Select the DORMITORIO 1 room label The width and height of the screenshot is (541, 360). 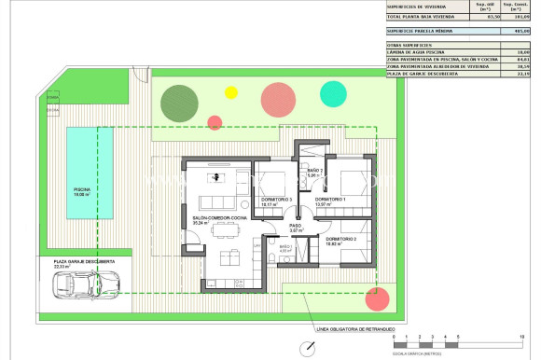[x=330, y=201]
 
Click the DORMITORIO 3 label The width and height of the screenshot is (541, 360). [x=277, y=201]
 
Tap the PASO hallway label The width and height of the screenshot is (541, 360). [x=295, y=227]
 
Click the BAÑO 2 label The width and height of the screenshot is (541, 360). [x=314, y=171]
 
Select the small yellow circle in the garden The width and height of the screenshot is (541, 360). [x=230, y=92]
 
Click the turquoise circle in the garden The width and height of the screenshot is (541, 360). [x=331, y=92]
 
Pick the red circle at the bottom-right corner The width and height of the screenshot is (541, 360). [x=376, y=299]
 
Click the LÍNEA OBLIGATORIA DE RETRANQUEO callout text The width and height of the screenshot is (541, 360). [x=355, y=328]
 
